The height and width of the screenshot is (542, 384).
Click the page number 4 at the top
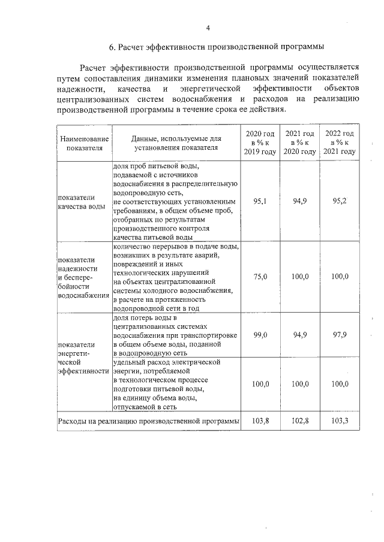pos(208,28)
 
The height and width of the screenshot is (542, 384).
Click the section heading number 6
pos(112,47)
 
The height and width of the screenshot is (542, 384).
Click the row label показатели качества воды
pos(81,202)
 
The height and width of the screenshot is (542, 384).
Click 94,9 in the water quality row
pos(300,202)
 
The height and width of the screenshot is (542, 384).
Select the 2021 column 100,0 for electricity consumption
pos(300,384)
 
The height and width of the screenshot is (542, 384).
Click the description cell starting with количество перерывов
pos(176,277)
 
